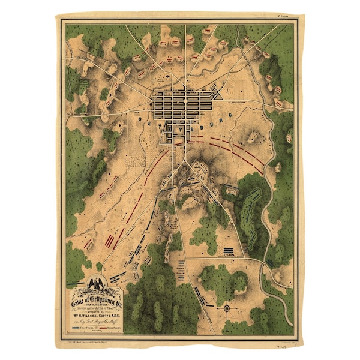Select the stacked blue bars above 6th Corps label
click(228, 250)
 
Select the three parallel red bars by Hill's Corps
click(111, 241)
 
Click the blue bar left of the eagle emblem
click(75, 282)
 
